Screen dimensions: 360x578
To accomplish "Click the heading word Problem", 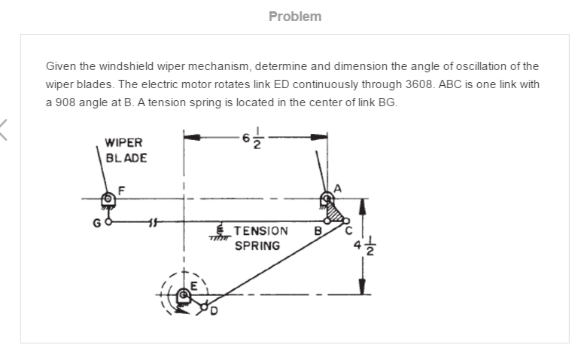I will click(x=295, y=16).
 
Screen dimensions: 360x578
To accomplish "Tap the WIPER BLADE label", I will click(x=126, y=150).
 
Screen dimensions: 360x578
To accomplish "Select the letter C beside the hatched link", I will click(x=348, y=231).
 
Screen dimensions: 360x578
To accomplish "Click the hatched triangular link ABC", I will click(x=334, y=213).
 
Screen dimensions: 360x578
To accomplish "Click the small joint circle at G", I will click(x=108, y=222).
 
